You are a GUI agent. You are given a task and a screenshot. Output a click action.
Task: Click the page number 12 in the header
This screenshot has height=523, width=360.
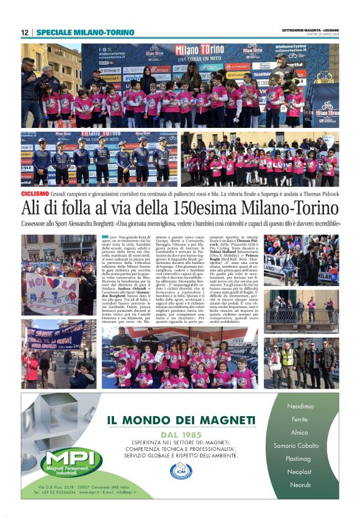25,32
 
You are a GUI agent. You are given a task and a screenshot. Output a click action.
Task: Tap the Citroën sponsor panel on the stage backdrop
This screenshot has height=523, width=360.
237,66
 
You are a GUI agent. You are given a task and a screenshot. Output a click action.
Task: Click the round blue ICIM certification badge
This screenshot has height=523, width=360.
181,470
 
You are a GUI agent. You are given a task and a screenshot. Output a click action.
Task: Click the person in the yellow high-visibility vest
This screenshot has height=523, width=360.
288,362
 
